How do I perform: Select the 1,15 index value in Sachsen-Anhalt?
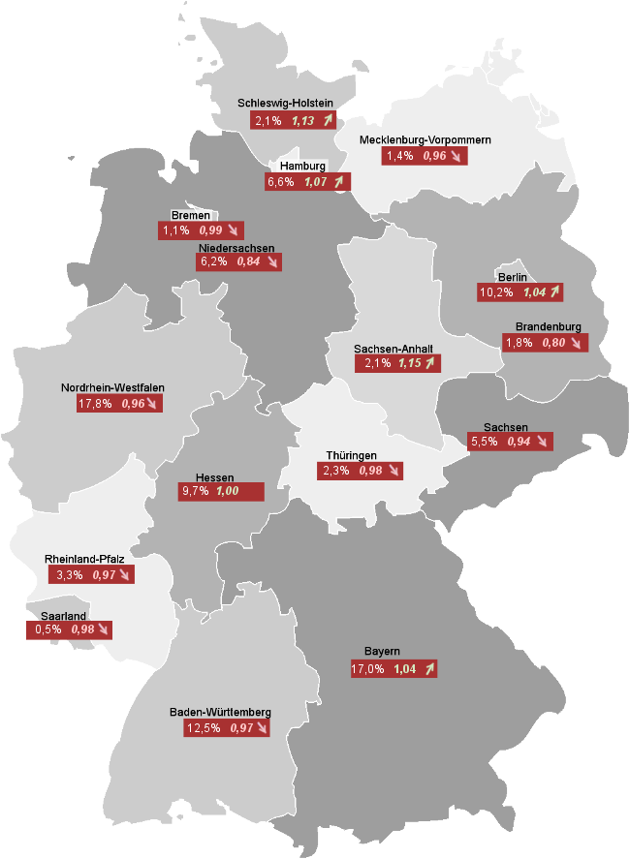tap(411, 364)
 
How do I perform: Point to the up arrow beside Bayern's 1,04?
tap(428, 669)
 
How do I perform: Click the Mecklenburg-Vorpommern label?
tap(425, 140)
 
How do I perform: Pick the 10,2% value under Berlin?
tap(494, 291)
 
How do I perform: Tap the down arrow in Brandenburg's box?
tap(578, 343)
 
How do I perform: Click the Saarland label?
tap(64, 616)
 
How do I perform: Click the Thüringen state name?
tap(351, 456)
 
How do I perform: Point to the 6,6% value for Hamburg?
tap(280, 181)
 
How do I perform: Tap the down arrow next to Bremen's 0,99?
tap(233, 230)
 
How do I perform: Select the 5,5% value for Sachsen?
tap(485, 442)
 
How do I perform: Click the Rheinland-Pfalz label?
tap(84, 560)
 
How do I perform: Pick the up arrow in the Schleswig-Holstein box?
tap(330, 121)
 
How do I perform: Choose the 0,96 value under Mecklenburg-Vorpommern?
tap(434, 156)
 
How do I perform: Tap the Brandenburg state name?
tap(549, 327)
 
